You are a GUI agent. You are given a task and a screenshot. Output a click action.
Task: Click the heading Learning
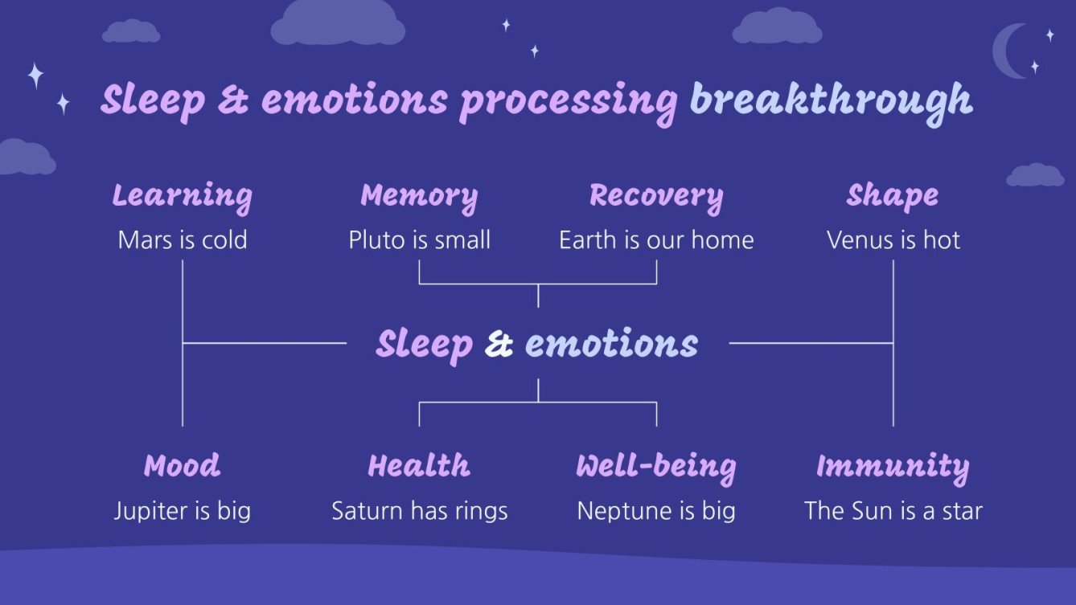point(182,196)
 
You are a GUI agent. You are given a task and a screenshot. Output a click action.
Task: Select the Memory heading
point(419,196)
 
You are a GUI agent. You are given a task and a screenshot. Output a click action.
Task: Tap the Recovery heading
point(656,196)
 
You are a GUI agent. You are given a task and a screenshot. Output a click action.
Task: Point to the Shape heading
point(893,196)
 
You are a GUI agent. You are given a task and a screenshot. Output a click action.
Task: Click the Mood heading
point(182,466)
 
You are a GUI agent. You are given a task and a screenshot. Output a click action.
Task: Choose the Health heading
point(419,466)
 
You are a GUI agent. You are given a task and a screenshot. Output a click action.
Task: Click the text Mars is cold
point(182,240)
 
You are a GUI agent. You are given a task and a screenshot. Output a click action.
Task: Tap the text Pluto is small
point(419,240)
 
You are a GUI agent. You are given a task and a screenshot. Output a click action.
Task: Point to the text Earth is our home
point(656,240)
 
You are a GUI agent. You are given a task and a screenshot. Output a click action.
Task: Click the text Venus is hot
point(893,240)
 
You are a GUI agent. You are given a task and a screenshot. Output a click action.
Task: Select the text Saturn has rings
point(419,511)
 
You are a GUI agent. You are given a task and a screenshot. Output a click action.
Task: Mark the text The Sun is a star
point(893,511)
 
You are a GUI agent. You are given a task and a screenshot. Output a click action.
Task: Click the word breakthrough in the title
point(831,100)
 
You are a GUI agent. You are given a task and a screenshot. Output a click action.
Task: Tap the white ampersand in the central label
point(499,345)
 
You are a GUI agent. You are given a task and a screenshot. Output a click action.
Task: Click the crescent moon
point(1008,51)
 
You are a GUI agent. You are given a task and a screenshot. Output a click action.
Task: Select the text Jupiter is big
point(182,511)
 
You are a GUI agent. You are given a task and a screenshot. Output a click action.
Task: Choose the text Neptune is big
point(656,511)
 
